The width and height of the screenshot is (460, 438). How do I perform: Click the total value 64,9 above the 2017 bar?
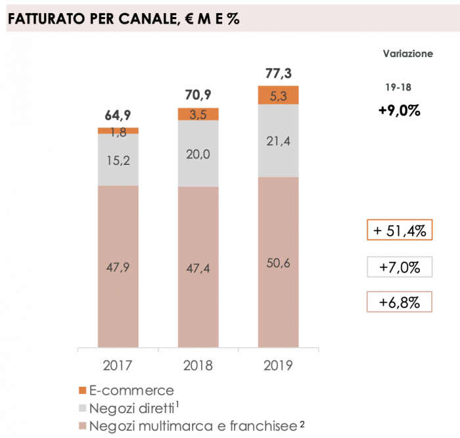[x=118, y=117]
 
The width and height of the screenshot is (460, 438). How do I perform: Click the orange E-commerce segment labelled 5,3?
[x=278, y=95]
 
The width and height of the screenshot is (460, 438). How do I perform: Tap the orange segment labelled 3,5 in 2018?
[x=198, y=114]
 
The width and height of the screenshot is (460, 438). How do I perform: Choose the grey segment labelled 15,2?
[x=118, y=160]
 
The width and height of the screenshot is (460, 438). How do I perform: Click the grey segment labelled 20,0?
[x=198, y=154]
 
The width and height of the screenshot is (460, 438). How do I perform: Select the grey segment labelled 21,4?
[x=278, y=141]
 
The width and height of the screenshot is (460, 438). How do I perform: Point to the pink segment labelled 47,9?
[x=118, y=266]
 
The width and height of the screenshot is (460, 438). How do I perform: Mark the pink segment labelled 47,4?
[x=198, y=267]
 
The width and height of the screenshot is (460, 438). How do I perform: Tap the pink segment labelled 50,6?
[x=278, y=262]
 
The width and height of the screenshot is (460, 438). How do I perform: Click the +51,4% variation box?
[x=399, y=232]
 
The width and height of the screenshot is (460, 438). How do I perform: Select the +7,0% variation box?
[x=399, y=267]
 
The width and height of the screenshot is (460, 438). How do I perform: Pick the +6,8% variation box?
[x=399, y=302]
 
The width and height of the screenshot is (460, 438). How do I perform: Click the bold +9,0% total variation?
[x=399, y=110]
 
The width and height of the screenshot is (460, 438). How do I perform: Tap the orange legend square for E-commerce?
[x=82, y=391]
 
